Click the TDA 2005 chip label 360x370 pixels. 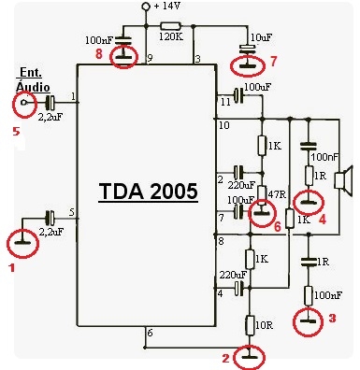click(x=149, y=191)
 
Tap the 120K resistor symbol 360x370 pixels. click(x=170, y=26)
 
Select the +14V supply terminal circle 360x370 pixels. click(x=146, y=6)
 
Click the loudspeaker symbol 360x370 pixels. click(x=343, y=181)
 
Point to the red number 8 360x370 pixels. click(x=99, y=54)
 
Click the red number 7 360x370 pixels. click(x=273, y=62)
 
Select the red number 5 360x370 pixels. click(x=16, y=132)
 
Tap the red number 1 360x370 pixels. click(x=12, y=267)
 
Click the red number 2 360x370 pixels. click(x=226, y=359)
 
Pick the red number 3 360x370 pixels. click(x=333, y=319)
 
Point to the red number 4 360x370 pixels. click(x=322, y=220)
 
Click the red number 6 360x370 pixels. click(x=278, y=226)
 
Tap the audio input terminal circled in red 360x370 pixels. click(x=23, y=103)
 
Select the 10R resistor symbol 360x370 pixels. click(x=250, y=325)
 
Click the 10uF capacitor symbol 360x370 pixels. click(x=248, y=48)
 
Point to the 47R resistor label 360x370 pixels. click(x=277, y=194)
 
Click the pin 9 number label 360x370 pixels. click(x=150, y=58)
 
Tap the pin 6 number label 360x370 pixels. click(x=150, y=333)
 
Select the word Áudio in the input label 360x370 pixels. click(x=33, y=86)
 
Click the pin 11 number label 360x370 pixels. click(x=225, y=102)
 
